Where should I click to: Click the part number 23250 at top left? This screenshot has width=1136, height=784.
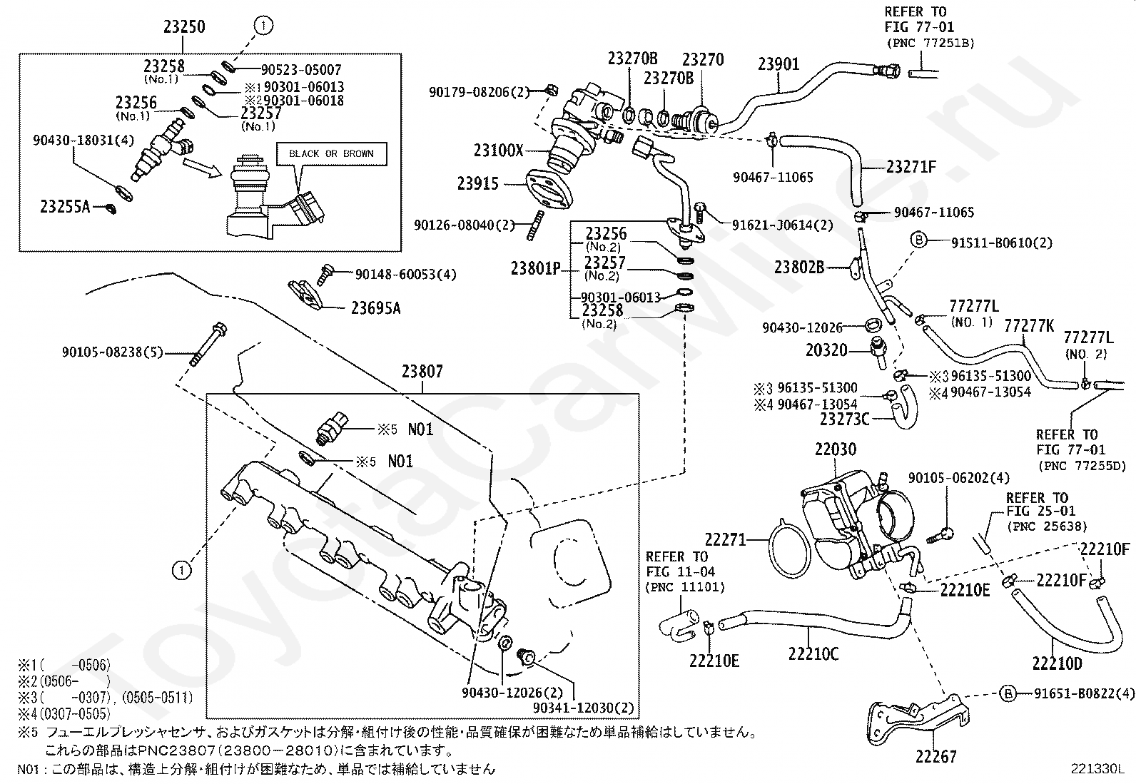coord(184,26)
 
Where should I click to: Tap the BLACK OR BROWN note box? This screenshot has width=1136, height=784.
coord(331,153)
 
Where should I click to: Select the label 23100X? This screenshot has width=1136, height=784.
coord(499,150)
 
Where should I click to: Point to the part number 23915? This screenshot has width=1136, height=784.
coord(477,183)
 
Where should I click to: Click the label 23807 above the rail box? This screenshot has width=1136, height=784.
coord(422,372)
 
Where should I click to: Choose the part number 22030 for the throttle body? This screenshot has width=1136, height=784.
coord(836,449)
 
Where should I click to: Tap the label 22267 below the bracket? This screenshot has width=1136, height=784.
coord(936,757)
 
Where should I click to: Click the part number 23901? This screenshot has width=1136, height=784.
coord(779,64)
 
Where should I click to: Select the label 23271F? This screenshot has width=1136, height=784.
coord(911,167)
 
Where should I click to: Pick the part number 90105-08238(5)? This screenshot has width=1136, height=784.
coord(113,352)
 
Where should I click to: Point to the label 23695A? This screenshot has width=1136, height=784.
coord(376,307)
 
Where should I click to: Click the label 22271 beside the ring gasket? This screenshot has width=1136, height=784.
coord(726,539)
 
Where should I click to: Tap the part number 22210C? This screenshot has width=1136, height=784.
coord(813,653)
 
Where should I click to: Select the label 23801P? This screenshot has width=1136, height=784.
coord(536,268)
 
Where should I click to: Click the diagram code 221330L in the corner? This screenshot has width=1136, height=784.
coord(1097,769)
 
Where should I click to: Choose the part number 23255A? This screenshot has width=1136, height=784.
coord(65,206)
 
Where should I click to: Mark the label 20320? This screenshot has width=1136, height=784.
coord(826,350)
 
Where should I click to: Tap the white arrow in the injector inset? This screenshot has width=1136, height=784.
coord(203,168)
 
